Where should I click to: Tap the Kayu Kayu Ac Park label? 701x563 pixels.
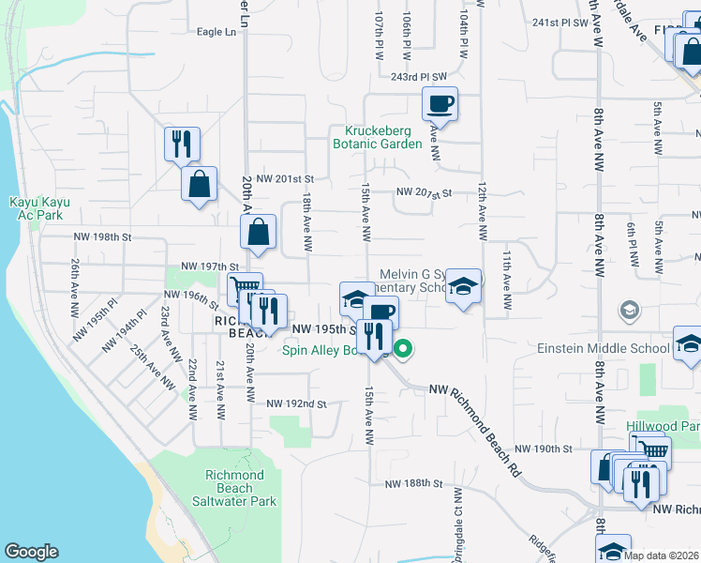point(36,208)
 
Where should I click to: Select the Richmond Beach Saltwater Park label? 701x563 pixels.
point(241,488)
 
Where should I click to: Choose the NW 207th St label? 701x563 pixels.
point(424,193)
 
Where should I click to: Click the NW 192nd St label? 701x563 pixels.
point(295,404)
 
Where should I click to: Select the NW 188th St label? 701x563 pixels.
point(412,483)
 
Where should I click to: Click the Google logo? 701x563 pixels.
point(31,552)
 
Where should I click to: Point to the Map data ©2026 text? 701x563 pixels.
point(660,555)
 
